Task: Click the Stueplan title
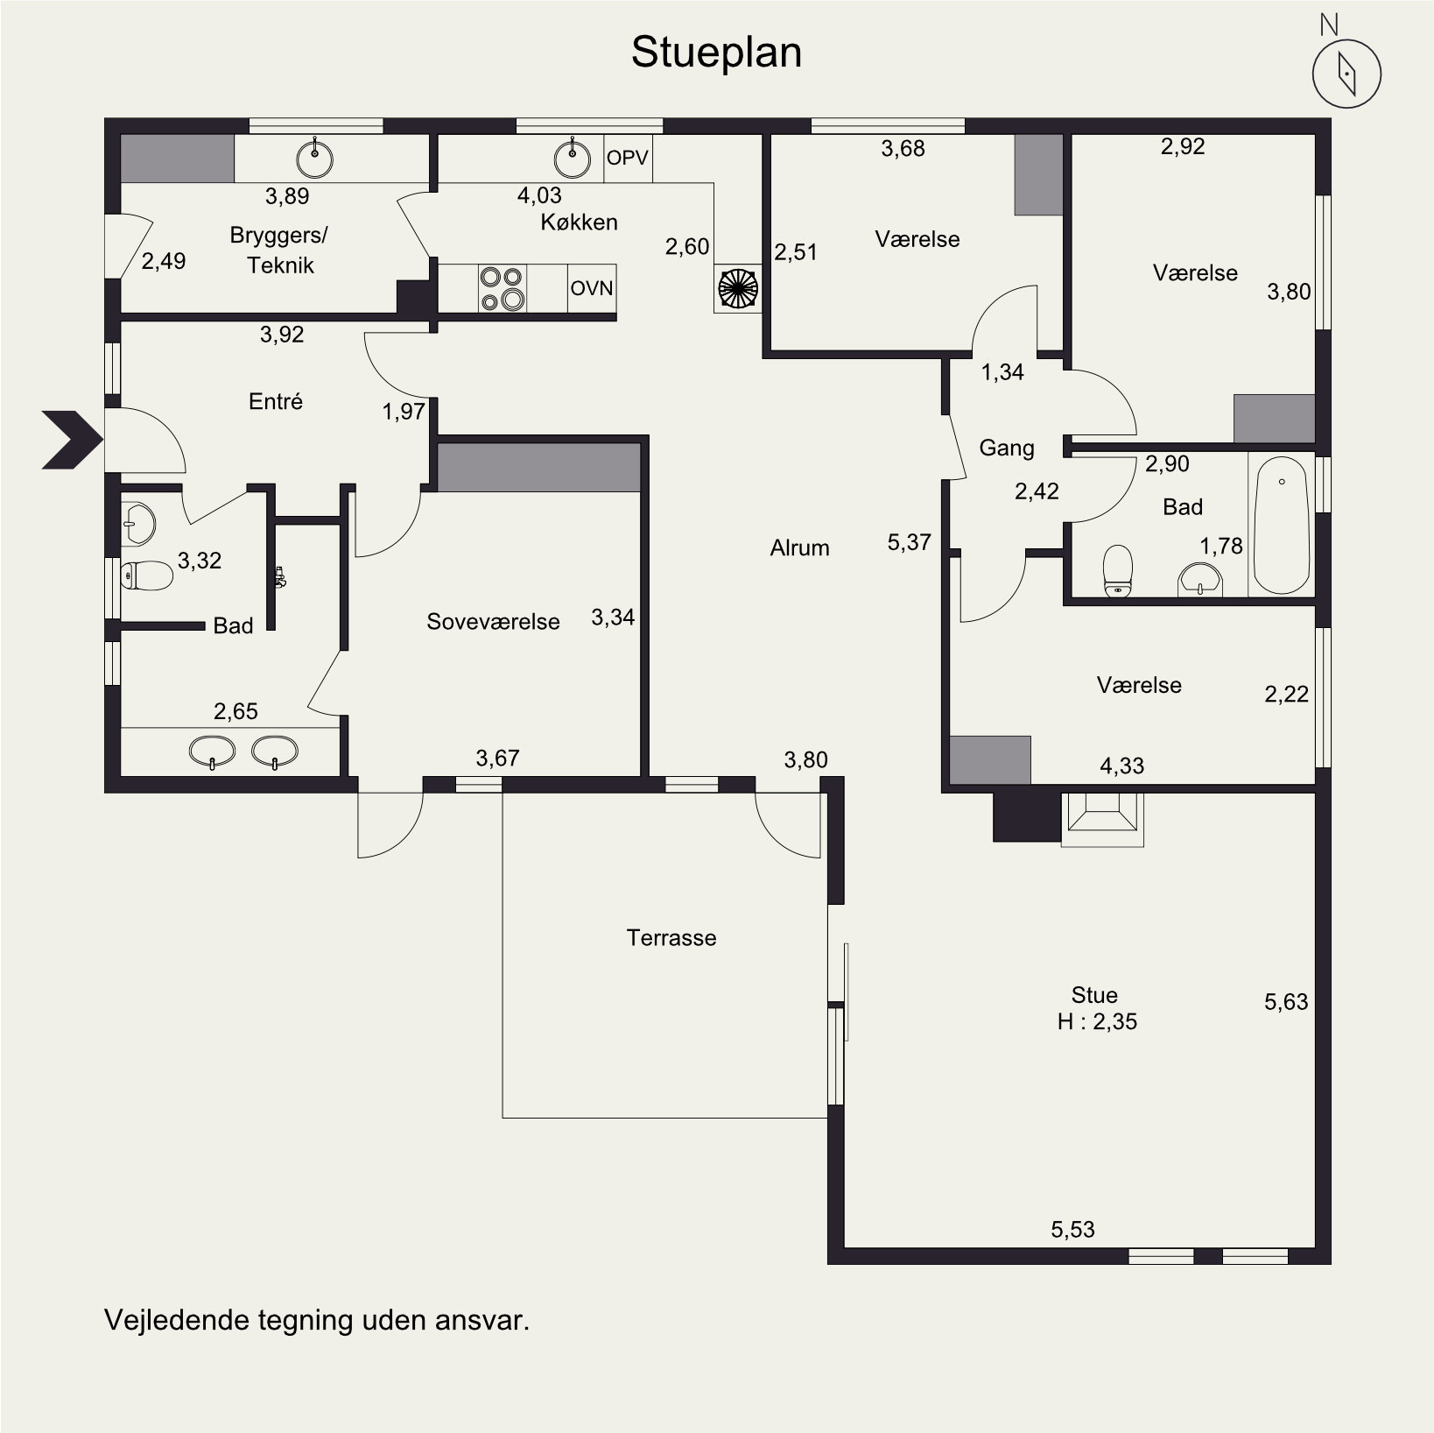pyautogui.click(x=716, y=53)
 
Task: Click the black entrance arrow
pyautogui.click(x=72, y=440)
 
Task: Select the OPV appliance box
pyautogui.click(x=628, y=158)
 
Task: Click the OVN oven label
pyautogui.click(x=592, y=288)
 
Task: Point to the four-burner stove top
pyautogui.click(x=503, y=288)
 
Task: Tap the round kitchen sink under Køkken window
pyautogui.click(x=572, y=158)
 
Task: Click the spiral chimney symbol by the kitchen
pyautogui.click(x=736, y=288)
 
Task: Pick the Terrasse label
pyautogui.click(x=671, y=938)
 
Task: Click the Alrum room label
pyautogui.click(x=799, y=548)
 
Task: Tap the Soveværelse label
pyautogui.click(x=493, y=621)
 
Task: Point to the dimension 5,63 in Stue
pyautogui.click(x=1286, y=1001)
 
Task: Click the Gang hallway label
pyautogui.click(x=1007, y=448)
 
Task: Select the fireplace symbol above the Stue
pyautogui.click(x=1102, y=819)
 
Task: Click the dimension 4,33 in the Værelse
pyautogui.click(x=1121, y=766)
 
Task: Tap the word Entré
pyautogui.click(x=276, y=401)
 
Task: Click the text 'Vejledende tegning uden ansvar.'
pyautogui.click(x=317, y=1320)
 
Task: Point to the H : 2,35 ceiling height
pyautogui.click(x=1097, y=1021)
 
